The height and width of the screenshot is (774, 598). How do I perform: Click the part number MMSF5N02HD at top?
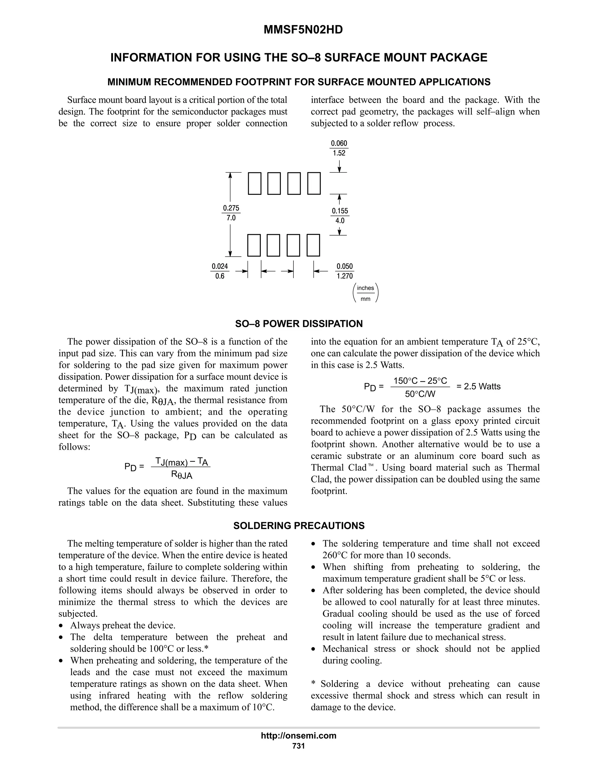(303, 30)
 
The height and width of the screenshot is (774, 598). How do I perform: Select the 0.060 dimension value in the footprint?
(339, 143)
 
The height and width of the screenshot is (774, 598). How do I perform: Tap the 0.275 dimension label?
(231, 208)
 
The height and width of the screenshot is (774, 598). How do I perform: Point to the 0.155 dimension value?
(340, 211)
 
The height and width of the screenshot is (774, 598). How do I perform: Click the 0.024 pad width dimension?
(220, 266)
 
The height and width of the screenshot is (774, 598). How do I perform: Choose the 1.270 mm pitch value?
(344, 276)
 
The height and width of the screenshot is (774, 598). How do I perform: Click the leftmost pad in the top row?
(254, 184)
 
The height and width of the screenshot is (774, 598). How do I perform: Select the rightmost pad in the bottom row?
(313, 245)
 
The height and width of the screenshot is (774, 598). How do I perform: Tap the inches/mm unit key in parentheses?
(366, 293)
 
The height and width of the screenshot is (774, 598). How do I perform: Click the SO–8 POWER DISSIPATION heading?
(299, 324)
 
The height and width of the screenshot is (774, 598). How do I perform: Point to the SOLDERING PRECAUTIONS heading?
(299, 525)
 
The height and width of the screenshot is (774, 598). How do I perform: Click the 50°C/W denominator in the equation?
(420, 394)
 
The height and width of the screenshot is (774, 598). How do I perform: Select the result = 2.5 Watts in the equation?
(478, 386)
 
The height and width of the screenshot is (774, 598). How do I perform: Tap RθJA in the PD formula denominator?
(181, 475)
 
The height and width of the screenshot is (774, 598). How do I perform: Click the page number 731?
(299, 746)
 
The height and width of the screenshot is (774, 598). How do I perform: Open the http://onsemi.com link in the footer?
(299, 736)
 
